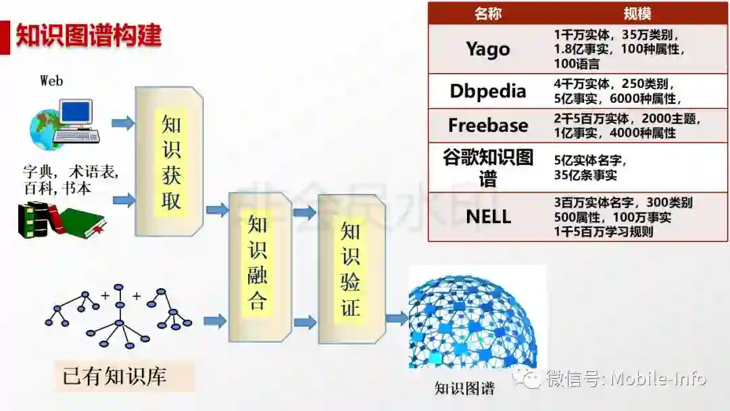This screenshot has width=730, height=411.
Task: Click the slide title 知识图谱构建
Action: (89, 36)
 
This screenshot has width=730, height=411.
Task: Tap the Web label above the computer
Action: (51, 81)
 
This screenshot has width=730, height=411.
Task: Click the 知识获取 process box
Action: (170, 161)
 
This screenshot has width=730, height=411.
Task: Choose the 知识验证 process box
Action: (351, 268)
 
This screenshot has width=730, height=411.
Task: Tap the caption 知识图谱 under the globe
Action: (464, 389)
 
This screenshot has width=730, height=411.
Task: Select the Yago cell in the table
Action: (488, 49)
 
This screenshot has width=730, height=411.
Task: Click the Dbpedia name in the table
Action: (488, 91)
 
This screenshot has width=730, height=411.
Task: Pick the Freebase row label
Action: (488, 126)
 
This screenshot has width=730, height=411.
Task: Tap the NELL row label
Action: (488, 217)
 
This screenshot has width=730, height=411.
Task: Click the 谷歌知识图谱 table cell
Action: (488, 168)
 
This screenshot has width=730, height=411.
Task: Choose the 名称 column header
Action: (488, 14)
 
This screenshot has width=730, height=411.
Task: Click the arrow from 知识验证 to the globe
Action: (397, 318)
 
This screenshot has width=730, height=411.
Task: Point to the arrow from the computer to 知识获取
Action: (122, 123)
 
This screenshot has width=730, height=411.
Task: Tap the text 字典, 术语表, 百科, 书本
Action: (71, 180)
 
